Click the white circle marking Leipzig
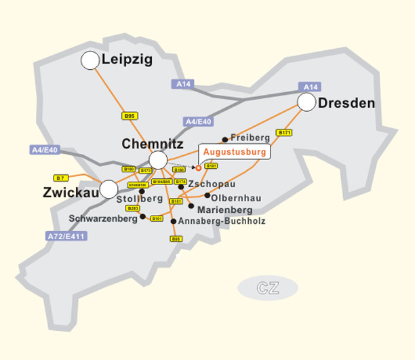[90, 60]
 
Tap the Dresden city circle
[307, 102]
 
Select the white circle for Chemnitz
[157, 160]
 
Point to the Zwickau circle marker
[108, 189]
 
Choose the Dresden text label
[346, 103]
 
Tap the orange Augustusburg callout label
[235, 152]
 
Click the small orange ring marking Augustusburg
[198, 167]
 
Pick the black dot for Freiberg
[225, 140]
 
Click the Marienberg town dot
[191, 205]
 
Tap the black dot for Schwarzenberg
[142, 217]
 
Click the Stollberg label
[140, 199]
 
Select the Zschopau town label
[212, 184]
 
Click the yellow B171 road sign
[283, 132]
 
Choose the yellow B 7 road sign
[61, 178]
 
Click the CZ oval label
[267, 287]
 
